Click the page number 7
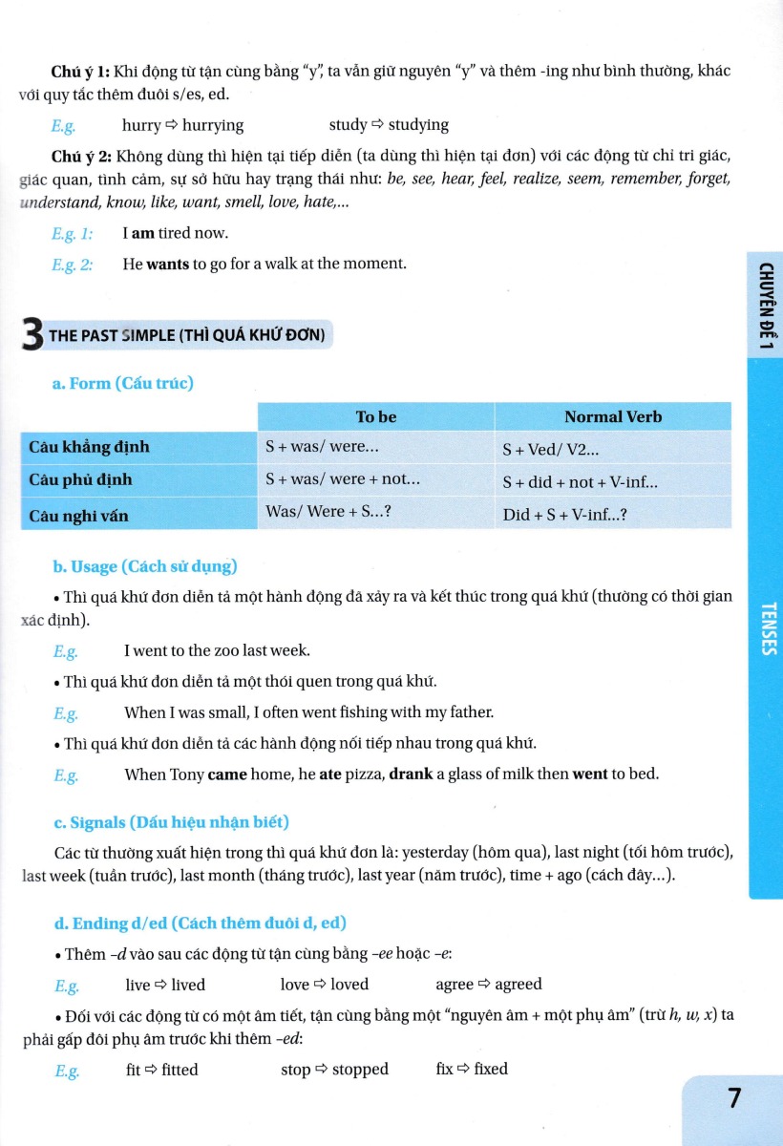(734, 1097)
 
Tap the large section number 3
(32, 335)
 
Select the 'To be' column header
(375, 416)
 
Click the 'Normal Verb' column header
(612, 416)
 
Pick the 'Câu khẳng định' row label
(89, 447)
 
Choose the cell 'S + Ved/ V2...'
(550, 449)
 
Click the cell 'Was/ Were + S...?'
(328, 511)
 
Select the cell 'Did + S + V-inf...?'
(564, 515)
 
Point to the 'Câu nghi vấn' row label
(78, 516)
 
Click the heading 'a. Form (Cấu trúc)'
(122, 383)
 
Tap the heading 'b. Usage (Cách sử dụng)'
(144, 566)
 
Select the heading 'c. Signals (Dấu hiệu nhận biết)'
(171, 821)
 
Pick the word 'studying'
(418, 125)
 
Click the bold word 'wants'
(167, 264)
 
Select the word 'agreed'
(518, 984)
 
